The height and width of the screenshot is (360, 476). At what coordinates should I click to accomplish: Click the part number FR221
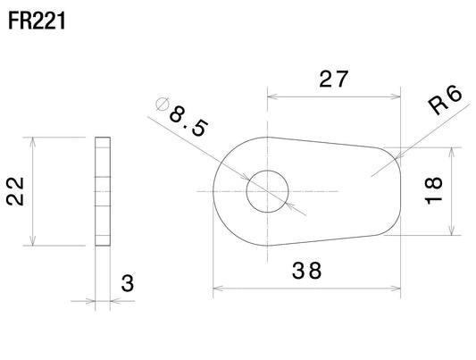click(37, 21)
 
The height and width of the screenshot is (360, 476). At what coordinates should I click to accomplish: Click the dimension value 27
click(333, 79)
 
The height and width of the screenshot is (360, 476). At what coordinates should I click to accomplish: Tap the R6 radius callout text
click(446, 100)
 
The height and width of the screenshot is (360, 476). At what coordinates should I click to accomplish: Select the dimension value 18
click(433, 190)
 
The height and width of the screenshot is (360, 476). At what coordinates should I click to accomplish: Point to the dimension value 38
click(306, 271)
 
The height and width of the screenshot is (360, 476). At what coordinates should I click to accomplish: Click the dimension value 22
click(15, 191)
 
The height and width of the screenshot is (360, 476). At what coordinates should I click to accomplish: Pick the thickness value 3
click(127, 283)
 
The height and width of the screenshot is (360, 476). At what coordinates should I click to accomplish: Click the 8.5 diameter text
click(188, 121)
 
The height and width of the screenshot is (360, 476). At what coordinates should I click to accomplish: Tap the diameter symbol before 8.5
click(162, 105)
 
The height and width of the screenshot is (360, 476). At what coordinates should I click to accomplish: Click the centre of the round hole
click(267, 191)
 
